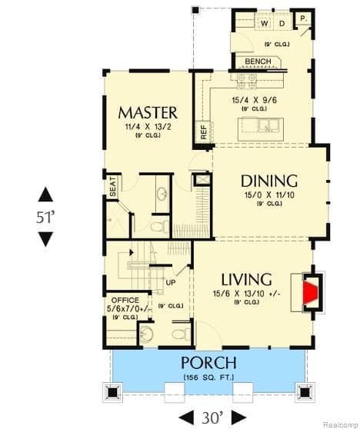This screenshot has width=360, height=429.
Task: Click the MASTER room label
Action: tap(148, 112)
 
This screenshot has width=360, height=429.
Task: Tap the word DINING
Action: tap(268, 181)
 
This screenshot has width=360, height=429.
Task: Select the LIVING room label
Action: tap(246, 279)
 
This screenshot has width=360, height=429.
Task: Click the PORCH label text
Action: tap(208, 362)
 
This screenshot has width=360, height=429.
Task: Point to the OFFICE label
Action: tap(125, 300)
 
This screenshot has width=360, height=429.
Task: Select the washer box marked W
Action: tap(265, 24)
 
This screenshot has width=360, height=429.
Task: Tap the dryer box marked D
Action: tap(282, 24)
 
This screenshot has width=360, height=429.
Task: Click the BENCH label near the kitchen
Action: tap(258, 62)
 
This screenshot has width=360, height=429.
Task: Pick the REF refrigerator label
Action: tap(205, 132)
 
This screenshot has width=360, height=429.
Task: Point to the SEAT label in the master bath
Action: tap(112, 188)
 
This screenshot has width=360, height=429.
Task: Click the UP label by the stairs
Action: tap(172, 282)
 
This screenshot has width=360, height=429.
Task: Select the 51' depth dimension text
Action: tap(45, 217)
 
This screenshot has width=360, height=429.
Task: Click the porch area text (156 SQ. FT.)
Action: tap(208, 377)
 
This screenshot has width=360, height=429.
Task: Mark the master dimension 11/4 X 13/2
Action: tap(148, 128)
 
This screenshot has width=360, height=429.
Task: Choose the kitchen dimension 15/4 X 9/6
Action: tap(254, 100)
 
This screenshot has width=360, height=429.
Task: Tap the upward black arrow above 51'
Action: tap(45, 195)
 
